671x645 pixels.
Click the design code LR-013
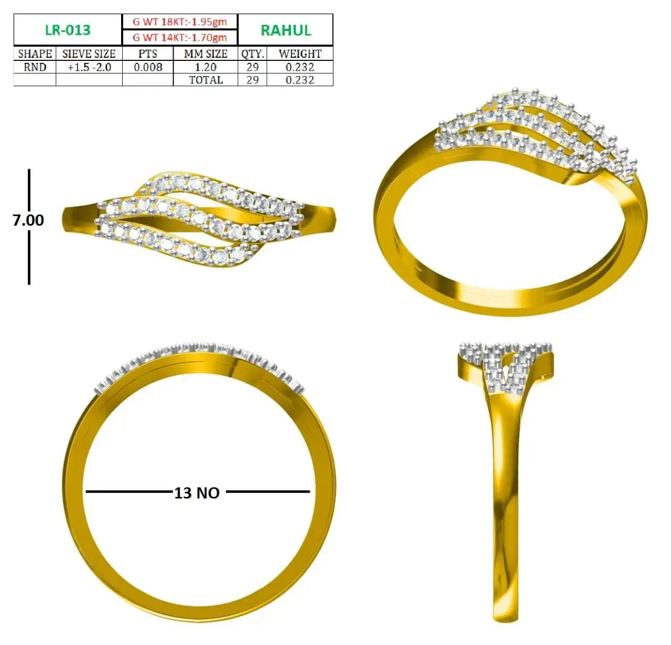(68, 30)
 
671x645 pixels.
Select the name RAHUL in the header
(286, 30)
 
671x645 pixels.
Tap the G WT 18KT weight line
(180, 22)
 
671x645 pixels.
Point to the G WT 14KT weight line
(180, 37)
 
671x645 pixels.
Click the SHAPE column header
(35, 54)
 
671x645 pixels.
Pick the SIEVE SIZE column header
(89, 54)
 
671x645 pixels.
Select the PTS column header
(148, 54)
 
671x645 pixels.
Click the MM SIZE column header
(205, 54)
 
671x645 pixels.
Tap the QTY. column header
(252, 54)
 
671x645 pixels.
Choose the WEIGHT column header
(300, 54)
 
